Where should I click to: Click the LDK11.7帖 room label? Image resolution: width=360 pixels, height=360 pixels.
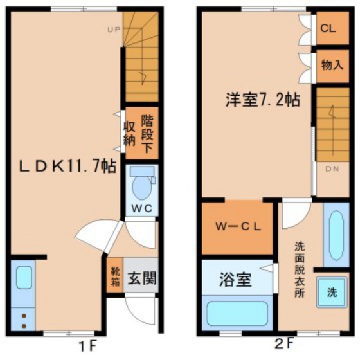point(67,166)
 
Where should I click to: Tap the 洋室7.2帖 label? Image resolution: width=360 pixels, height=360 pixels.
point(263,100)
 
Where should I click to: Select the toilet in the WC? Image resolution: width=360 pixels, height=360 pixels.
point(142,183)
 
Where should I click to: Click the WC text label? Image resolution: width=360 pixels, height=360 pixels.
point(141,208)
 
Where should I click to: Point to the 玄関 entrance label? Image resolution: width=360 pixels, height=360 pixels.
point(142,278)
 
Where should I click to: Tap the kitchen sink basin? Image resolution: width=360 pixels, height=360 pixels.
point(24,277)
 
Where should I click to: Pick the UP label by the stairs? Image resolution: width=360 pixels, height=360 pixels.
point(114,30)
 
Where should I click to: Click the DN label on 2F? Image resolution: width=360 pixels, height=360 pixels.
point(332,168)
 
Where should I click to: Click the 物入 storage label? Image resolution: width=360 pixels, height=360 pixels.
point(332,65)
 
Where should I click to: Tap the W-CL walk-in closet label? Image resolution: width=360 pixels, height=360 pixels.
point(239,226)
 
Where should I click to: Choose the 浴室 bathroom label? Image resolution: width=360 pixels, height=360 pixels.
point(235,280)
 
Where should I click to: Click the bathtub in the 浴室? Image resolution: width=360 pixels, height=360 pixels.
point(237,314)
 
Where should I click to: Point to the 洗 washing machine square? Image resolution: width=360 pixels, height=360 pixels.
point(332,292)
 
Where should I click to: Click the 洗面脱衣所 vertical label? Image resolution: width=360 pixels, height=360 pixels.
point(300,270)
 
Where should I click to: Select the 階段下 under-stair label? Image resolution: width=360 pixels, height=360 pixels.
point(147,134)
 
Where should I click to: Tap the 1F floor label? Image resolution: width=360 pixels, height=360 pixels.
point(87,346)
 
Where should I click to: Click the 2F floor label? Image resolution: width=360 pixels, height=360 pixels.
point(284,344)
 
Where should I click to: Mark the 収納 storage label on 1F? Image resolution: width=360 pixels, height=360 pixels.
point(129,133)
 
